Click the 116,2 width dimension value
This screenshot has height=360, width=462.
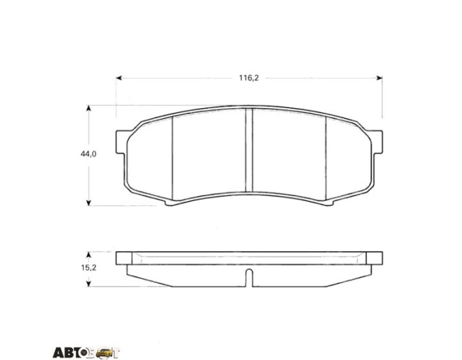(249, 78)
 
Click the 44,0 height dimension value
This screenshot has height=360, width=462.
(88, 154)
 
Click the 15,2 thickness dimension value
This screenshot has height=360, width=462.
(88, 268)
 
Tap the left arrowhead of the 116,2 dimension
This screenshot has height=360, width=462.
(119, 78)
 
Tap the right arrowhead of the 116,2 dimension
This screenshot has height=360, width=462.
(380, 78)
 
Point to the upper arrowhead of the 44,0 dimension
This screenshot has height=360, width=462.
(88, 109)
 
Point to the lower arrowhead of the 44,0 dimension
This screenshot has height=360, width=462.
(88, 202)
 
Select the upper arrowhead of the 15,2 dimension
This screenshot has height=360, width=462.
(88, 255)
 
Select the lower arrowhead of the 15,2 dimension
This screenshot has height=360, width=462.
(88, 283)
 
